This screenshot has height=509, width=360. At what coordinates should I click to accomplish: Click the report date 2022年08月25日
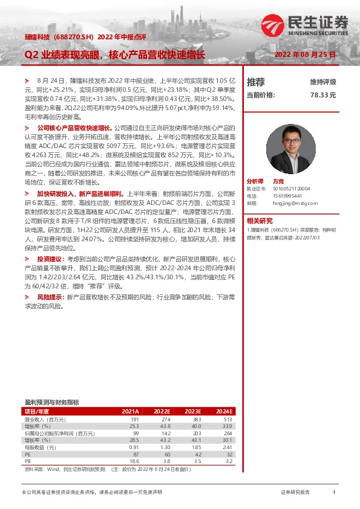tap(305, 55)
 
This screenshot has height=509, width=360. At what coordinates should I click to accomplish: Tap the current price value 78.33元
tap(323, 95)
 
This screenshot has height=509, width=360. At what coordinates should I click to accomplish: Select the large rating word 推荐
tap(256, 82)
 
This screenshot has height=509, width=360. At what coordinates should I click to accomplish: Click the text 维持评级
tap(323, 82)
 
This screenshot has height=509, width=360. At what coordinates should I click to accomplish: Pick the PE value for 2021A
tap(135, 453)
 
